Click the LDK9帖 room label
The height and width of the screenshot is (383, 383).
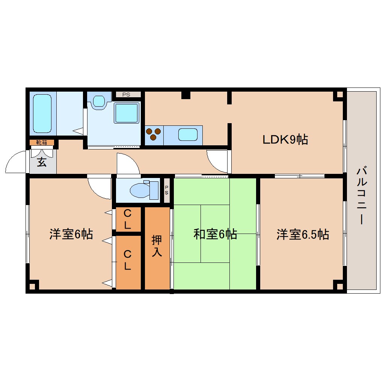click(285, 140)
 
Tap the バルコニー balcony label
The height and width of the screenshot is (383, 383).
click(362, 196)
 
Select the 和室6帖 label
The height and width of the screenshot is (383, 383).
click(215, 234)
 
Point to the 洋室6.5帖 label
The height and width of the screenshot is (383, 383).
click(303, 234)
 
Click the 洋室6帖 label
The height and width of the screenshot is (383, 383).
click(71, 234)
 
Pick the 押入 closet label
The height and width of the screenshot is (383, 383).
click(157, 246)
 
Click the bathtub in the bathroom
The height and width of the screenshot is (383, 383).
click(42, 113)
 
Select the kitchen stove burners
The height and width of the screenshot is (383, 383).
click(154, 134)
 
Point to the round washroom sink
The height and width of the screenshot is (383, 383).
click(99, 101)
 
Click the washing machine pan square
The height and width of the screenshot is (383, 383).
click(127, 113)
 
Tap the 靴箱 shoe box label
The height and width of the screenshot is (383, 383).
click(42, 142)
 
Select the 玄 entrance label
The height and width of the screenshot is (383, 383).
click(42, 163)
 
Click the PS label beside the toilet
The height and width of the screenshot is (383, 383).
click(166, 190)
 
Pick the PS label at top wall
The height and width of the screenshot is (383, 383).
click(126, 95)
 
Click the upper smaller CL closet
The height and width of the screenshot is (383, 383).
click(128, 219)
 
